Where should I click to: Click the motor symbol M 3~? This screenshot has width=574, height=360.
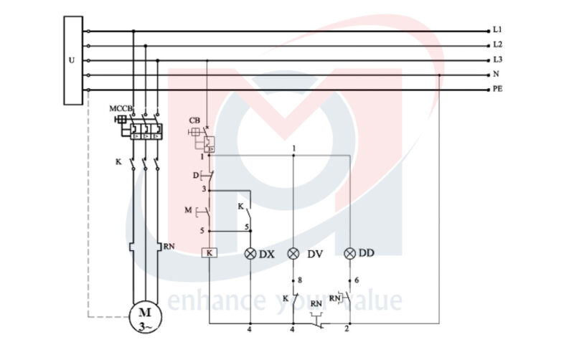click(146, 317)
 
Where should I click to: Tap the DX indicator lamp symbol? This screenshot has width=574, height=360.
click(250, 253)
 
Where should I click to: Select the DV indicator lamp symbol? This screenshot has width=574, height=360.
click(293, 253)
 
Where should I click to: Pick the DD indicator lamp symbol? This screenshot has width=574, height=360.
click(350, 253)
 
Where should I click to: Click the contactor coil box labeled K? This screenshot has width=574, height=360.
click(209, 253)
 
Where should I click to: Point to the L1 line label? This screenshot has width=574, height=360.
click(497, 29)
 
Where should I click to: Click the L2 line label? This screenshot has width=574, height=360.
click(497, 44)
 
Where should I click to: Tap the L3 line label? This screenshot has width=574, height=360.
click(497, 60)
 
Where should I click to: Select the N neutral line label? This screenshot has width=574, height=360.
click(496, 75)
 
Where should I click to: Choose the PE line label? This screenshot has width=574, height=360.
click(497, 89)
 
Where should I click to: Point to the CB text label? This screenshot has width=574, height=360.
click(194, 120)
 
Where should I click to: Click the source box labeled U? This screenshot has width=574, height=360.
click(73, 60)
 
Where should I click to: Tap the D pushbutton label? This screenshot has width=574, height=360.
click(196, 176)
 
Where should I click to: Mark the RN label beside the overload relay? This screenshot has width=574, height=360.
click(169, 247)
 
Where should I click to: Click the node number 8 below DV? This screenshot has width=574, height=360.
click(300, 280)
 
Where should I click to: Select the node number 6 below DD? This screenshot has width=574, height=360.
click(357, 280)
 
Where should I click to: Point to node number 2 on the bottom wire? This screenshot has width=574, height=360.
click(347, 329)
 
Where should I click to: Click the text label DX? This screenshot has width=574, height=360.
click(266, 255)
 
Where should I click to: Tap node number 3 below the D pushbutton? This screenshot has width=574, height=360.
click(204, 189)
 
